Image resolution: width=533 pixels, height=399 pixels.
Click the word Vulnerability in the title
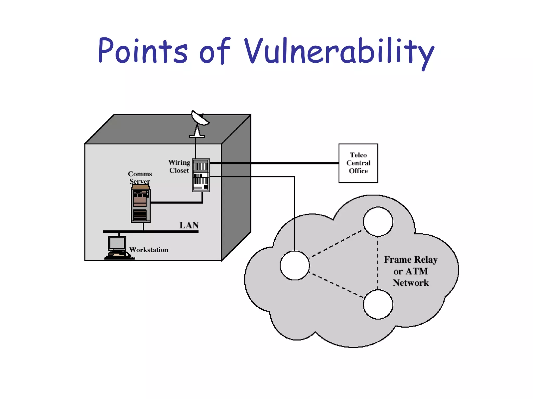[x=338, y=51]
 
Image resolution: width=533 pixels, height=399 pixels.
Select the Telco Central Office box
[x=358, y=163]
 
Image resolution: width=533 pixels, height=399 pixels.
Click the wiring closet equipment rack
[x=201, y=175]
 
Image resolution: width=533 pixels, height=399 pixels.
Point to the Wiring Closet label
[x=179, y=166]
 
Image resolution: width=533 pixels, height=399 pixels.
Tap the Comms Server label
[x=140, y=177]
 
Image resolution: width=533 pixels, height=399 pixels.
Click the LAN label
[x=189, y=225]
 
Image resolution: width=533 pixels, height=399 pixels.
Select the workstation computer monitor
[x=117, y=243]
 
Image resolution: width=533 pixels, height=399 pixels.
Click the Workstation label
[x=149, y=250]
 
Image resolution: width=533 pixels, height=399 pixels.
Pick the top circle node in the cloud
[x=378, y=222]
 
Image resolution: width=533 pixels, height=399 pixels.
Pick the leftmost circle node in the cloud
[x=295, y=265]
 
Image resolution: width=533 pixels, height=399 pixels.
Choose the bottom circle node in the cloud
[x=378, y=304]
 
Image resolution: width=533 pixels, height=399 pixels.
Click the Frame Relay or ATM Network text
[x=410, y=271]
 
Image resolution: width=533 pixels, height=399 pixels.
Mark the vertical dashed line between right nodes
[x=378, y=262]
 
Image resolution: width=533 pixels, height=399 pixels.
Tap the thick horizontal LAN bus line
[x=156, y=231]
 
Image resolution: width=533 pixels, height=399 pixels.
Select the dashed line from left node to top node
[x=336, y=243]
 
